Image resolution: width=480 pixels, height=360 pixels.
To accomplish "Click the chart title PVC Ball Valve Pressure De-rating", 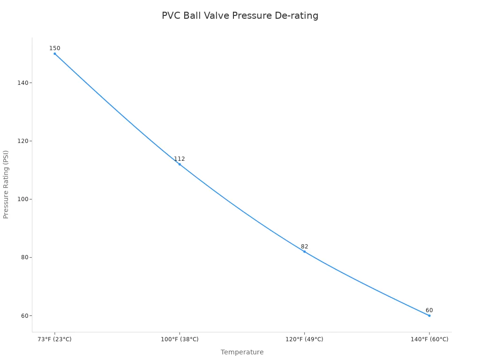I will click(240, 16).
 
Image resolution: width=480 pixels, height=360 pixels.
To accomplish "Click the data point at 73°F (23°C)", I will click(55, 53).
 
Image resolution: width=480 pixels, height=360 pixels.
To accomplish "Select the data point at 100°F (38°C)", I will click(180, 164).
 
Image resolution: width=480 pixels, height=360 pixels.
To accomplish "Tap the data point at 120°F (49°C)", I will click(304, 252).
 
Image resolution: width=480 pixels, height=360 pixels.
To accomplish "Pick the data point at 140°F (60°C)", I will click(429, 315).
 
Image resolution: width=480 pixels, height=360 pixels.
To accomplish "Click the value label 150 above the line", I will click(55, 48).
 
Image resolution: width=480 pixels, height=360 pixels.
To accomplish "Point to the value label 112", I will click(180, 159).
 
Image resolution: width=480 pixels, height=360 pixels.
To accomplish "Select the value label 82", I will click(304, 247).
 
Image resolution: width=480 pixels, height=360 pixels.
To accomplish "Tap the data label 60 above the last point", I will click(429, 310).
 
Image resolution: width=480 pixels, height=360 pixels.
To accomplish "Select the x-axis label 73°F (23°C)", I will click(55, 339).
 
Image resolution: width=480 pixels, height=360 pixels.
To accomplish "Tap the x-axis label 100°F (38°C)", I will click(180, 339).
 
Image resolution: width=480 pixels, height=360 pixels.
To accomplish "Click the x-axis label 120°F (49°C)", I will click(304, 339).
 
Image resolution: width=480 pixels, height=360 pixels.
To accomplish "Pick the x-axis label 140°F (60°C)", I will click(429, 339).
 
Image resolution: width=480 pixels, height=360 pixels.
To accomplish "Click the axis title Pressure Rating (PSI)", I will click(6, 184).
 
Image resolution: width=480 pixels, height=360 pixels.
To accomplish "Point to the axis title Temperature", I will click(242, 352).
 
